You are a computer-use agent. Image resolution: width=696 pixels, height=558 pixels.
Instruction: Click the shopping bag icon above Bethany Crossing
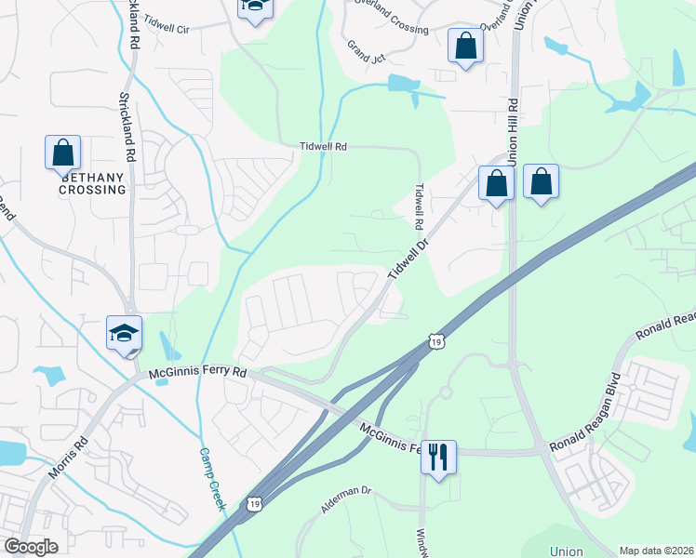(62, 153)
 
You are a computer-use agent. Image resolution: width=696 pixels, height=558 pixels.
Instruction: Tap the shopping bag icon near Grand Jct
(465, 46)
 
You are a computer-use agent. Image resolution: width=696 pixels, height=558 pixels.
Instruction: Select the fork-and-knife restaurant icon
(438, 458)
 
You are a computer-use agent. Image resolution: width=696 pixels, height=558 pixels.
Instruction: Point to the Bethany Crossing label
(92, 183)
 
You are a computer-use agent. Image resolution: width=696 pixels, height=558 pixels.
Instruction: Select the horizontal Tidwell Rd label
(323, 147)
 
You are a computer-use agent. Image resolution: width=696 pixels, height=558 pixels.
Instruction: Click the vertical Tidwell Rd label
(419, 206)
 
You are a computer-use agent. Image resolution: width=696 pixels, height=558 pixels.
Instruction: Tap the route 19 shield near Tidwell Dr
(435, 342)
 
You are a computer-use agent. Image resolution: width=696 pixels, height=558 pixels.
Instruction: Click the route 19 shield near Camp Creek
(255, 503)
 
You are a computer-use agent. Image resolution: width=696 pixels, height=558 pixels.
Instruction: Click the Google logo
(31, 547)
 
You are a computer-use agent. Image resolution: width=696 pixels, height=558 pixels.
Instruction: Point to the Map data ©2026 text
(656, 551)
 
